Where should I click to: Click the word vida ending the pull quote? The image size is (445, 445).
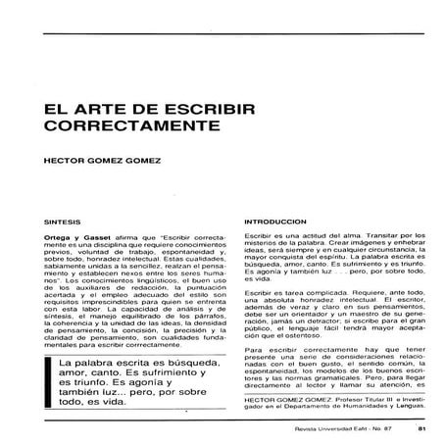[143, 402]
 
